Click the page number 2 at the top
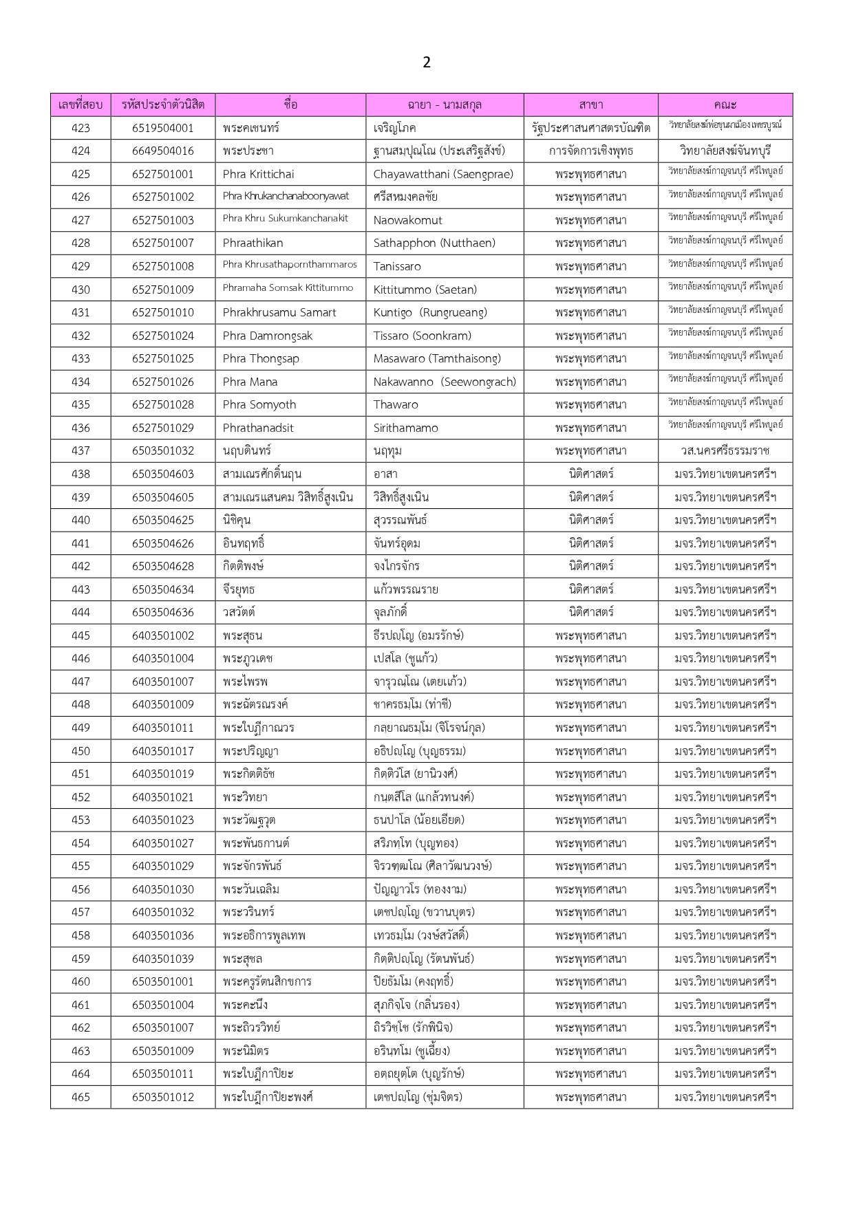[x=427, y=63]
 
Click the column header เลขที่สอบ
[x=81, y=105]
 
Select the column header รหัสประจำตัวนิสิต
[x=163, y=105]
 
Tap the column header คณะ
[x=725, y=105]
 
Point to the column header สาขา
[x=591, y=105]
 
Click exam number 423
[x=81, y=128]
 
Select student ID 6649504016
[x=163, y=151]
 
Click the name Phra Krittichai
[x=258, y=174]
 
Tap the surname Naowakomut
[x=407, y=220]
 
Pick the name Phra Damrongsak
[x=267, y=336]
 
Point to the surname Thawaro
[x=396, y=404]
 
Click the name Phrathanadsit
[x=258, y=428]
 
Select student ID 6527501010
[x=163, y=312]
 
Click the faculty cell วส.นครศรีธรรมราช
[x=725, y=450]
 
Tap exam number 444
[x=81, y=612]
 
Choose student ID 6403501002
[x=163, y=635]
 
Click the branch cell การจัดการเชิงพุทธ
[x=591, y=151]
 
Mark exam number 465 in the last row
[x=81, y=1097]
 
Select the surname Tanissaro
[x=397, y=266]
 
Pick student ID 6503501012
[x=163, y=1097]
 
